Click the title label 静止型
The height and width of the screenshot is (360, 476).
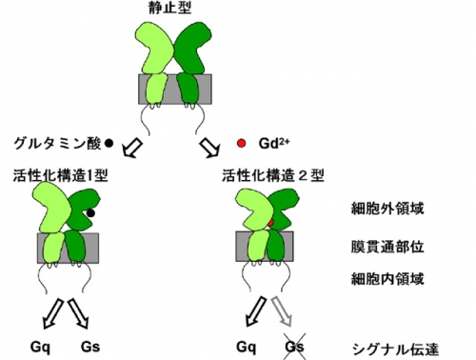coord(170,7)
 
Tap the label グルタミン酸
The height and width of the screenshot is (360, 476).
coord(57,144)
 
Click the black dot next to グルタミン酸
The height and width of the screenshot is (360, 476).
coord(109,144)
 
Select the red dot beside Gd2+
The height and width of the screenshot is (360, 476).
coord(242,144)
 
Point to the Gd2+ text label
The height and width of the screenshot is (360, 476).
coord(274,144)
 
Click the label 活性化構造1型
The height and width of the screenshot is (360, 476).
coord(61,175)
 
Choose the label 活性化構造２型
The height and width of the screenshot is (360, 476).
coord(273,175)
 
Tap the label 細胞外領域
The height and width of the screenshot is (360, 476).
coord(387,209)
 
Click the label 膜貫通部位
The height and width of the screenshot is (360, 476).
coord(387,247)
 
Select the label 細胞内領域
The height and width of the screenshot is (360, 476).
coord(387,279)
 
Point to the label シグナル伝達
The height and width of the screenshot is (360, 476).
coord(395,350)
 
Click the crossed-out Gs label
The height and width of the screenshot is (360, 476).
coord(294,347)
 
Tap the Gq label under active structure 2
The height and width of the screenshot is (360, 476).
coord(247,347)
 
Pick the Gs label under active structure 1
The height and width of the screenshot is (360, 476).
coord(90,347)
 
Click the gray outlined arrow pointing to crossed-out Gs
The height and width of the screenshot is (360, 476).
coord(283,311)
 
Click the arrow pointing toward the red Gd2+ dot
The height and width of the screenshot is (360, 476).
coord(210,148)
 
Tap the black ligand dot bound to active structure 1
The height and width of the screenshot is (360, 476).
coord(90,213)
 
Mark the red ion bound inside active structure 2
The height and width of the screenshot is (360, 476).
coord(270,223)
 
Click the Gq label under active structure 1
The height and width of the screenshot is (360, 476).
coord(40,347)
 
